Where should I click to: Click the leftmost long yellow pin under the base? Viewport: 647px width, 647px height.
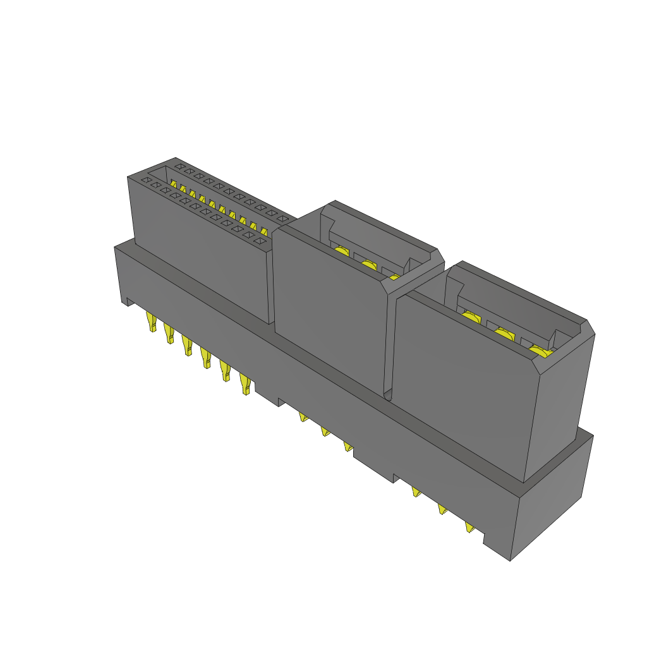(151, 322)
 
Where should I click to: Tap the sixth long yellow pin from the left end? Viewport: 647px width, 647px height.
(245, 385)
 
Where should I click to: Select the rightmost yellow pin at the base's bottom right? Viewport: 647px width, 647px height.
(469, 528)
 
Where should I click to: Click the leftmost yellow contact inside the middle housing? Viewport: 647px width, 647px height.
(342, 252)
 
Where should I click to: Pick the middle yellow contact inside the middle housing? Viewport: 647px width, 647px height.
(369, 265)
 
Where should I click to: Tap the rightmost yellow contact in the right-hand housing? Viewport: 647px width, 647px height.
(540, 351)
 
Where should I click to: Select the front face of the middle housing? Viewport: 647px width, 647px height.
(329, 310)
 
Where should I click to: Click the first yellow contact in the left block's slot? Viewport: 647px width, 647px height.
(173, 183)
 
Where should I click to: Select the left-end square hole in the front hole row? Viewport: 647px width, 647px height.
(145, 180)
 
